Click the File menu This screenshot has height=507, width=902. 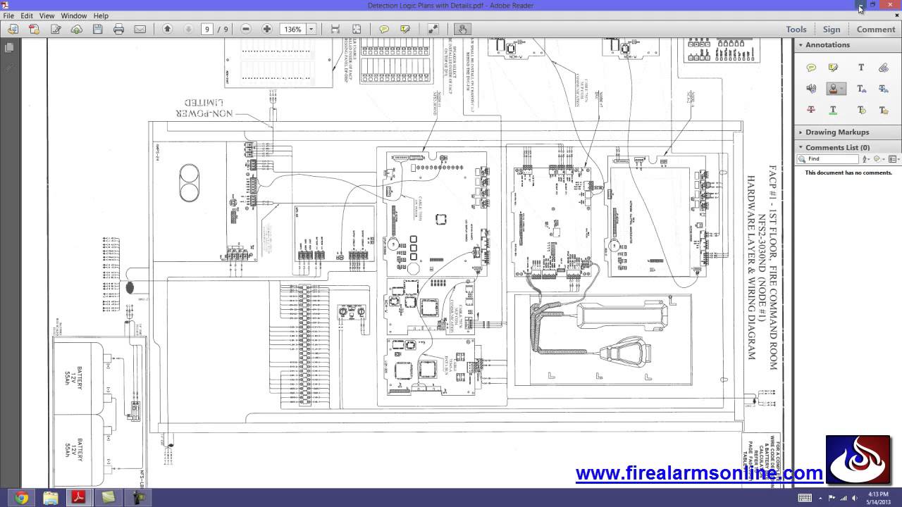[x=8, y=15]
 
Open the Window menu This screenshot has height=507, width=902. [x=73, y=15]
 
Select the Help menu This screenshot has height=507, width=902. [x=101, y=15]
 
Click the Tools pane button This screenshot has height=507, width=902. [x=796, y=30]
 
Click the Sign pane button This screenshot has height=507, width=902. [x=832, y=30]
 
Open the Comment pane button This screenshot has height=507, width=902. [x=876, y=30]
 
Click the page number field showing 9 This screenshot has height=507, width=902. [x=207, y=30]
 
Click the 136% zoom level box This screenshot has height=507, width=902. [x=293, y=30]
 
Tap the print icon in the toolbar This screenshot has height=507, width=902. [x=118, y=30]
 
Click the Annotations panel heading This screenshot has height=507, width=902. [x=827, y=45]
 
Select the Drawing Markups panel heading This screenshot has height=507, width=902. [x=837, y=132]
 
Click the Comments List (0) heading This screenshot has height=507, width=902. [x=837, y=148]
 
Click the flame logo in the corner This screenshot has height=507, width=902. [x=858, y=459]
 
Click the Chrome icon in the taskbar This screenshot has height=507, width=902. [x=21, y=498]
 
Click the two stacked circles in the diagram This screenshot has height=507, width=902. [x=189, y=182]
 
